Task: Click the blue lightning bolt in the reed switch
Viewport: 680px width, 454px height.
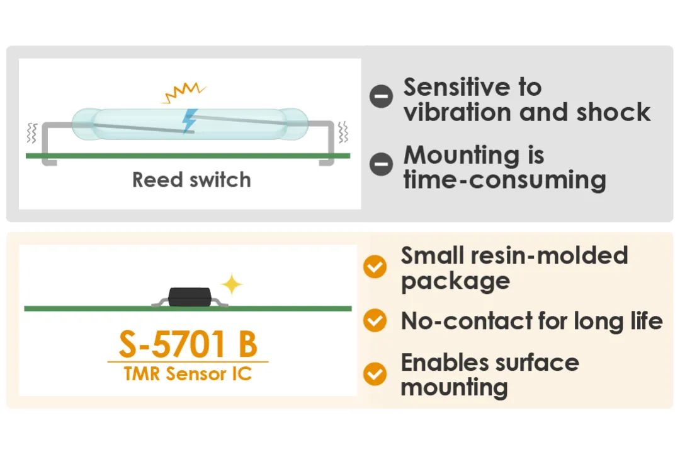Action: pyautogui.click(x=189, y=121)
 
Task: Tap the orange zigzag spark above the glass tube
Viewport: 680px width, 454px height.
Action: pyautogui.click(x=183, y=92)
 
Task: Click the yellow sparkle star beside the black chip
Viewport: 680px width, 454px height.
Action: pyautogui.click(x=232, y=284)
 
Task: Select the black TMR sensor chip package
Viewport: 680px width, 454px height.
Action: pyautogui.click(x=190, y=297)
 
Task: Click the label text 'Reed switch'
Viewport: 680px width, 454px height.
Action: pyautogui.click(x=191, y=180)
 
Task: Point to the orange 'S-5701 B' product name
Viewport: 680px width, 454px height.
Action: pyautogui.click(x=188, y=344)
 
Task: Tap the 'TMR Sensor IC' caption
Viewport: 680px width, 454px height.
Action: pyautogui.click(x=188, y=374)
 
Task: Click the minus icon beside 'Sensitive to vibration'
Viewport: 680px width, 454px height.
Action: pyautogui.click(x=381, y=96)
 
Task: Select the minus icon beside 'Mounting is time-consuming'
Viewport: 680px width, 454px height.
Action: pyautogui.click(x=381, y=164)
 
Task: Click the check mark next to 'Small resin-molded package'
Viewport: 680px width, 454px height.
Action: pyautogui.click(x=375, y=266)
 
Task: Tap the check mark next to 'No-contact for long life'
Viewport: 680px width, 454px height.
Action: pyautogui.click(x=375, y=320)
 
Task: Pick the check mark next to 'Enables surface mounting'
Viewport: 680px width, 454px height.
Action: pyautogui.click(x=375, y=374)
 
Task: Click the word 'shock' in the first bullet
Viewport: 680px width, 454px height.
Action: pyautogui.click(x=613, y=112)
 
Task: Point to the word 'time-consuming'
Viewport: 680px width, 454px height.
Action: pyautogui.click(x=505, y=180)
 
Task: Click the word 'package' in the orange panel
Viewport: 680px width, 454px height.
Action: pyautogui.click(x=455, y=282)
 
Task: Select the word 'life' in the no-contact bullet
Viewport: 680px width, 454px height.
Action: pyautogui.click(x=647, y=320)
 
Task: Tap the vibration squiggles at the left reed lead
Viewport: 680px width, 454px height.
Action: pyautogui.click(x=31, y=133)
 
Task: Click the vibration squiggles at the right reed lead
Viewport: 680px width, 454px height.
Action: pyautogui.click(x=343, y=132)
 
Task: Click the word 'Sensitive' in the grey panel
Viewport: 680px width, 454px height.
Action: pyautogui.click(x=457, y=87)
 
